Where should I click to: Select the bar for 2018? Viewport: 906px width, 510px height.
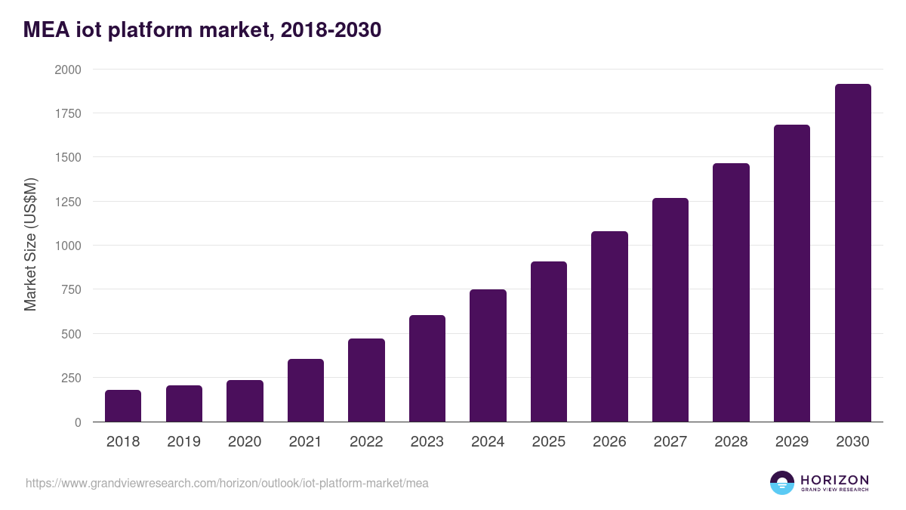[123, 406]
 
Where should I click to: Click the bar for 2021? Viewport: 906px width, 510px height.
[306, 391]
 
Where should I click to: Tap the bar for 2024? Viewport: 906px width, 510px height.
[488, 356]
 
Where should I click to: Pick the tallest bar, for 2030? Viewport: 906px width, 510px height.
[853, 253]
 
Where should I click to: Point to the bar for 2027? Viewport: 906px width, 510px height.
[670, 310]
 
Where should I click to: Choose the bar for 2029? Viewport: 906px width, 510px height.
[792, 274]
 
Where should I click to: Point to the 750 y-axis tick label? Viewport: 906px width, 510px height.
[72, 290]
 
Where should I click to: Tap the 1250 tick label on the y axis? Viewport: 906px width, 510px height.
[68, 202]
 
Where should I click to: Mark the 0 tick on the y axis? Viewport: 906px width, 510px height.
[79, 422]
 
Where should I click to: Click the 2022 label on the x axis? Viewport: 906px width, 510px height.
[366, 442]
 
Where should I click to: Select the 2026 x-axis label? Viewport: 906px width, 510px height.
[609, 442]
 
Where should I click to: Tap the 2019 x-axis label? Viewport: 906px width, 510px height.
[183, 442]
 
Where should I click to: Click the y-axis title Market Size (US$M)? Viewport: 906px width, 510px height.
[30, 245]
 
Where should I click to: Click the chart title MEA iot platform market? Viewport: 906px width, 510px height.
[202, 30]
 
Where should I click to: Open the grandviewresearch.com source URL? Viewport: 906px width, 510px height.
[227, 483]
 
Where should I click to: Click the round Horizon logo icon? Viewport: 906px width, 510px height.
[782, 483]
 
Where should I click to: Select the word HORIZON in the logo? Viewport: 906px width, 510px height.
[834, 479]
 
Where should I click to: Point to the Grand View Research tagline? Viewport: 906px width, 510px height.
[834, 490]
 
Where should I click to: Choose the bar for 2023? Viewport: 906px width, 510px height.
[427, 369]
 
